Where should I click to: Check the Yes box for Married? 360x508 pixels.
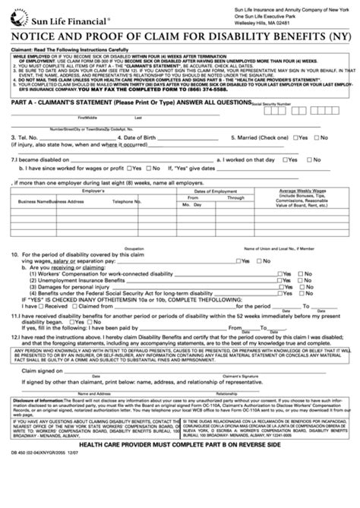[298, 137]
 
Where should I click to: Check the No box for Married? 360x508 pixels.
[322, 137]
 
